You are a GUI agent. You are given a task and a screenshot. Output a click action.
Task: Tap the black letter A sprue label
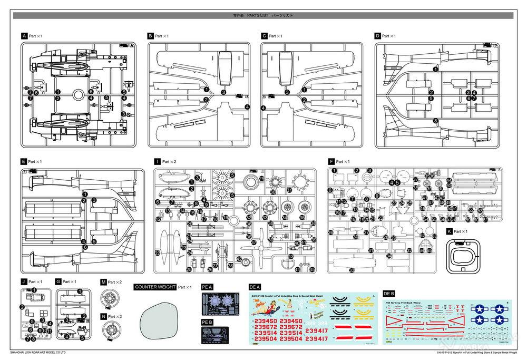24,36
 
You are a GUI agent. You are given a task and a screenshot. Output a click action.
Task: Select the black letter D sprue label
377,36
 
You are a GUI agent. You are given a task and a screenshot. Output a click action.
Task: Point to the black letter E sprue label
24,161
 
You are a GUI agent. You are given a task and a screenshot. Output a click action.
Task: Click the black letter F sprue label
331,161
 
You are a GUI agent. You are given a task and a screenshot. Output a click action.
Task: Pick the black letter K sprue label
448,231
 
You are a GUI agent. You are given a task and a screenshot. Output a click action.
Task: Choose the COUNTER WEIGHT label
155,287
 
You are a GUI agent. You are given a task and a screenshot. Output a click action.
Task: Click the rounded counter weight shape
161,322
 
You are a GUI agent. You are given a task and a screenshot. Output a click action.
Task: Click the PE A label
207,287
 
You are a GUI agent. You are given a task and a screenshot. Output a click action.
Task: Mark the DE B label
389,293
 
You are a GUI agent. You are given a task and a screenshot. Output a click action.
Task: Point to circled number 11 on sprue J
50,330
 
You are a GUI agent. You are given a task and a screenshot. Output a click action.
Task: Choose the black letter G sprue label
58,283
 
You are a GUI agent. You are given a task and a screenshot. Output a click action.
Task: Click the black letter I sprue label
157,161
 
